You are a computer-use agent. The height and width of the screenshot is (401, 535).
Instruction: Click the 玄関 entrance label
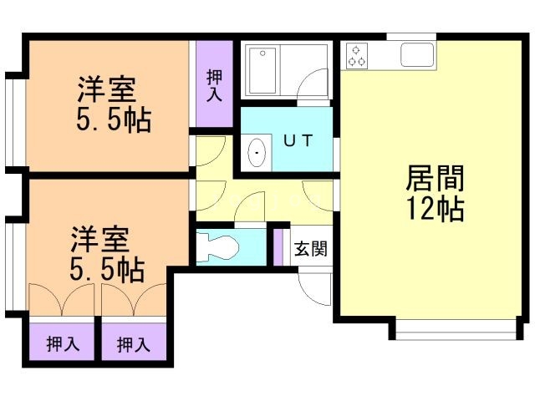pyautogui.click(x=310, y=249)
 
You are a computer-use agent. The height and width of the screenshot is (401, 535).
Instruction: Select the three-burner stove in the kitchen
pyautogui.click(x=358, y=55)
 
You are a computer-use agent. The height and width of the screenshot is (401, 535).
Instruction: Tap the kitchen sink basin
pyautogui.click(x=415, y=54)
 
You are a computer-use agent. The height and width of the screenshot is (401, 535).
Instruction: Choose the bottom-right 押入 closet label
pyautogui.click(x=134, y=343)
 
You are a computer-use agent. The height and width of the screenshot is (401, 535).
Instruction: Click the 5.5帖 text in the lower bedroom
pyautogui.click(x=107, y=270)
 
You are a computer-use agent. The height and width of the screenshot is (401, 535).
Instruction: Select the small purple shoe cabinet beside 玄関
pyautogui.click(x=278, y=246)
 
